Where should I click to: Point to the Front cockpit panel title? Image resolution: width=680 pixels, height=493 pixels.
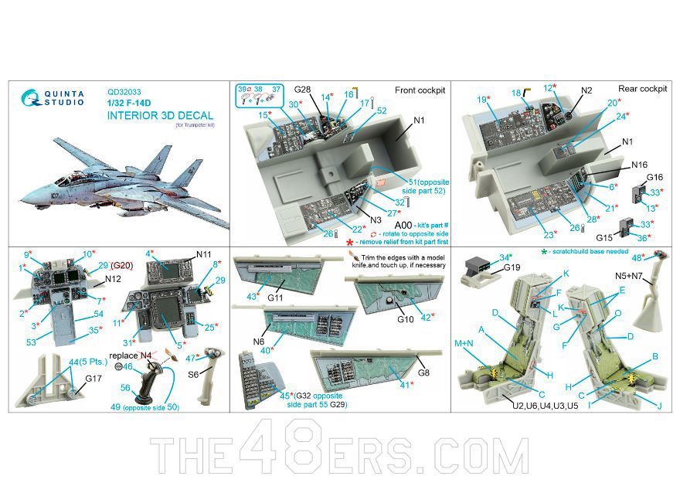pyautogui.click(x=420, y=90)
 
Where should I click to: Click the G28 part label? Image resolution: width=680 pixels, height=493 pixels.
pyautogui.click(x=303, y=90)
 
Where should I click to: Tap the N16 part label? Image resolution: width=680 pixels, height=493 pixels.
pyautogui.click(x=638, y=165)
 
